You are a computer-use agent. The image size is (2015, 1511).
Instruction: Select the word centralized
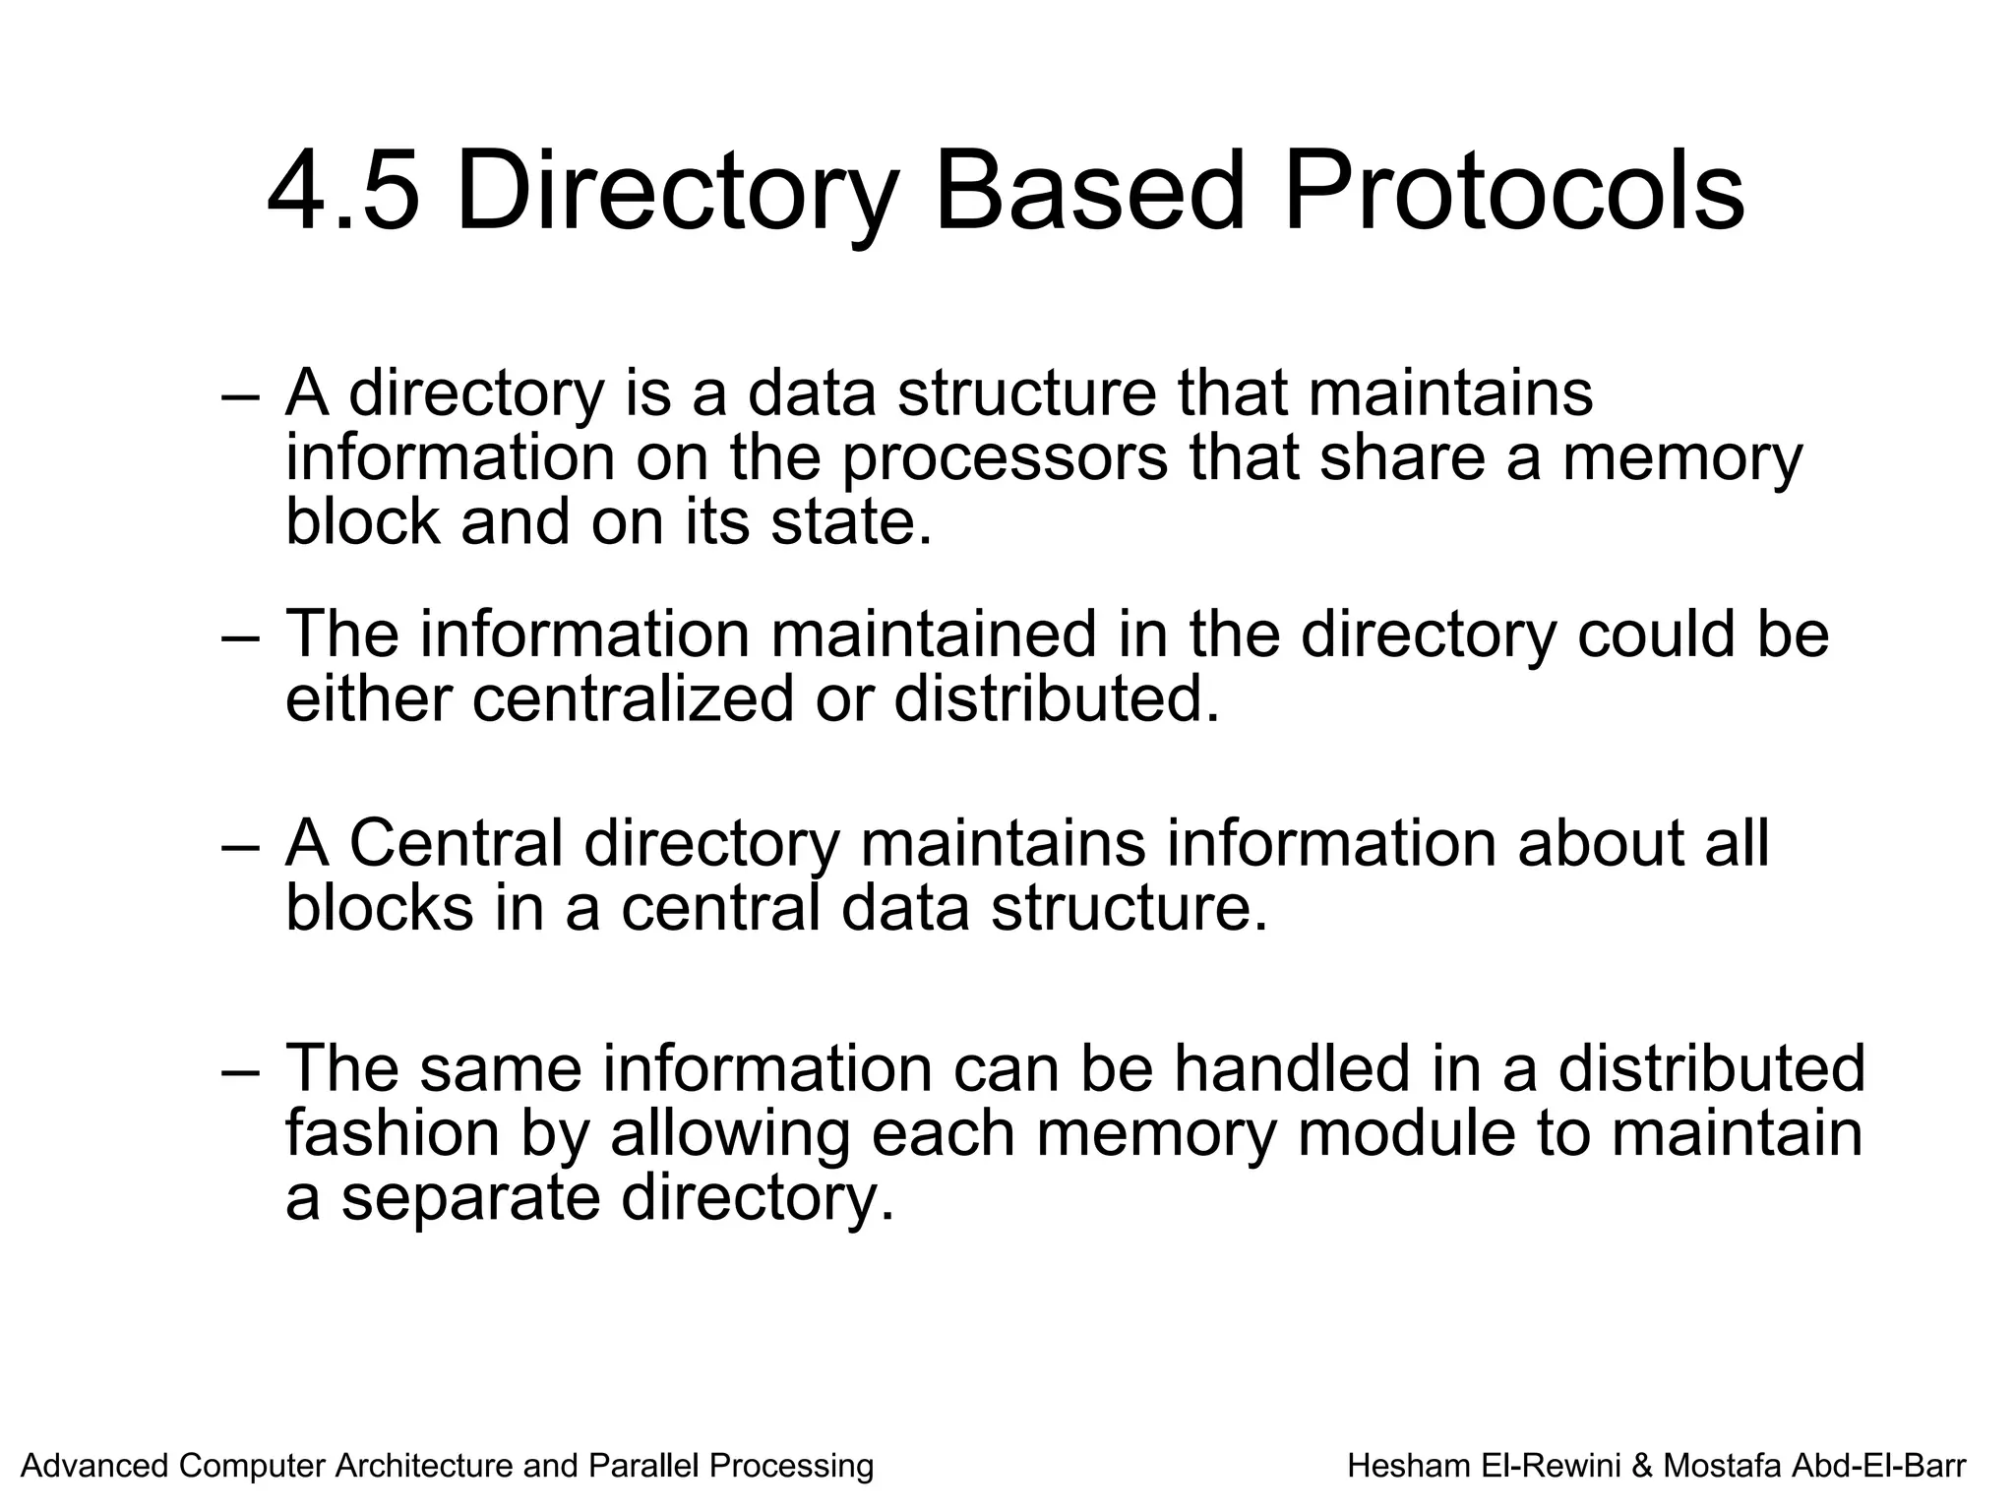coord(632,698)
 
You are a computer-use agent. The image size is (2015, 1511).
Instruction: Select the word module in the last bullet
coord(1408,1132)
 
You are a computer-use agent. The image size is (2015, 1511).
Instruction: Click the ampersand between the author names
coord(1641,1466)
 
